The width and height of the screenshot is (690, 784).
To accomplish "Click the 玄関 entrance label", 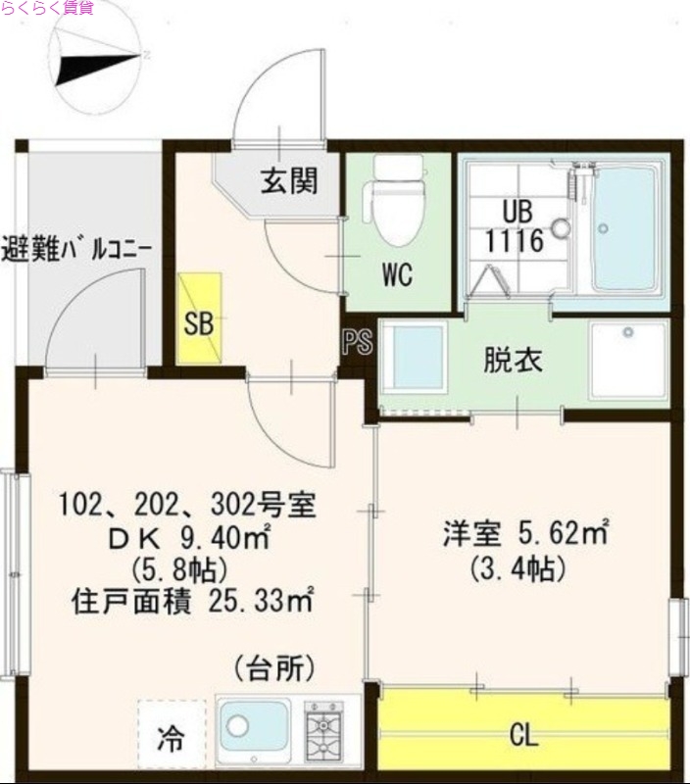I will point(289,180).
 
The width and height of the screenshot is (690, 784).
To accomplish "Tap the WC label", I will point(396,275).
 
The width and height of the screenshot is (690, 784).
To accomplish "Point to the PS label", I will point(356,343).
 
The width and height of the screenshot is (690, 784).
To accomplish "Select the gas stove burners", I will point(323,731).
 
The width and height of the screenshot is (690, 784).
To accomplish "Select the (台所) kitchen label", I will point(274,669).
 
